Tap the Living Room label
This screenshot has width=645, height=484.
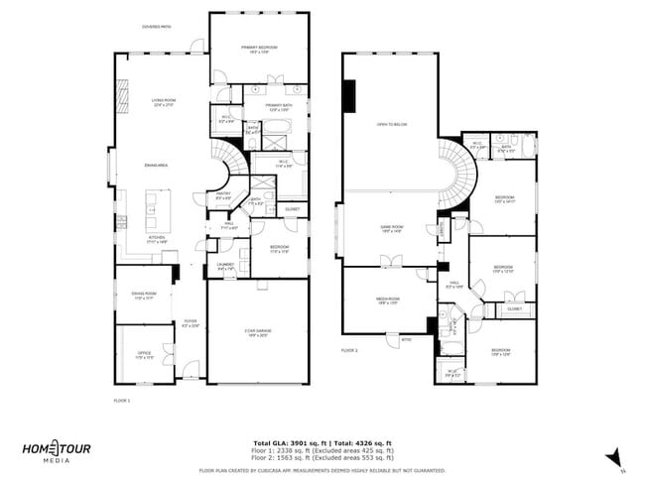coord(163,101)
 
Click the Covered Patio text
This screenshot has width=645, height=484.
coord(157,27)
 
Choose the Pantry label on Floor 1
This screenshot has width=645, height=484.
coord(223,195)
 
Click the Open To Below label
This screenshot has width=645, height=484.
coord(392,124)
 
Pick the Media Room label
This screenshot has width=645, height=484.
coord(387,299)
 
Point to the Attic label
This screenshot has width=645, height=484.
coord(406,339)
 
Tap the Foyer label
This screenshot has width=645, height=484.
coord(190,322)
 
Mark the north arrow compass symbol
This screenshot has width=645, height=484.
coord(614,456)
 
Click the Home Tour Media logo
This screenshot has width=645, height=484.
coord(57,450)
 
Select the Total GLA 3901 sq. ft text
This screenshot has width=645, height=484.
coord(288,442)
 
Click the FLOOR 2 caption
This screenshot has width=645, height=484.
coord(349,350)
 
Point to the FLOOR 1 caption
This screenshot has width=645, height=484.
coord(122,400)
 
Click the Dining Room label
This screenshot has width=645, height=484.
coord(144,296)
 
